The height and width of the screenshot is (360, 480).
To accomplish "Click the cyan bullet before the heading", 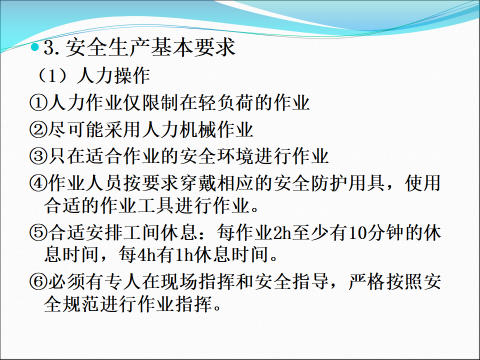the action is coord(35,47).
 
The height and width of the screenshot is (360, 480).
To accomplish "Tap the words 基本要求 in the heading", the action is coord(193,47).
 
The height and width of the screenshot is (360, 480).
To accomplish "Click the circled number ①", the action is coord(38,102).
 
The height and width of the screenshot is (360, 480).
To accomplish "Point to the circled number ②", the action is coord(38,129).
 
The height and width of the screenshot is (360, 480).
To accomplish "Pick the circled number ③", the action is coord(38,156).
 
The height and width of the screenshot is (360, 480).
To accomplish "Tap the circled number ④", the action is coord(38,183).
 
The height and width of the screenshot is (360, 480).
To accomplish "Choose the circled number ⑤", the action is coord(38,233).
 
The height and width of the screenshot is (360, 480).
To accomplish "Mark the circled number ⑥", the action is coord(38,282).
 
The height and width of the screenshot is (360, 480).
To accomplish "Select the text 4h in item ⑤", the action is coord(147,254).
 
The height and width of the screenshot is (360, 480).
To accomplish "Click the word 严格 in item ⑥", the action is coord(367,282).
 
